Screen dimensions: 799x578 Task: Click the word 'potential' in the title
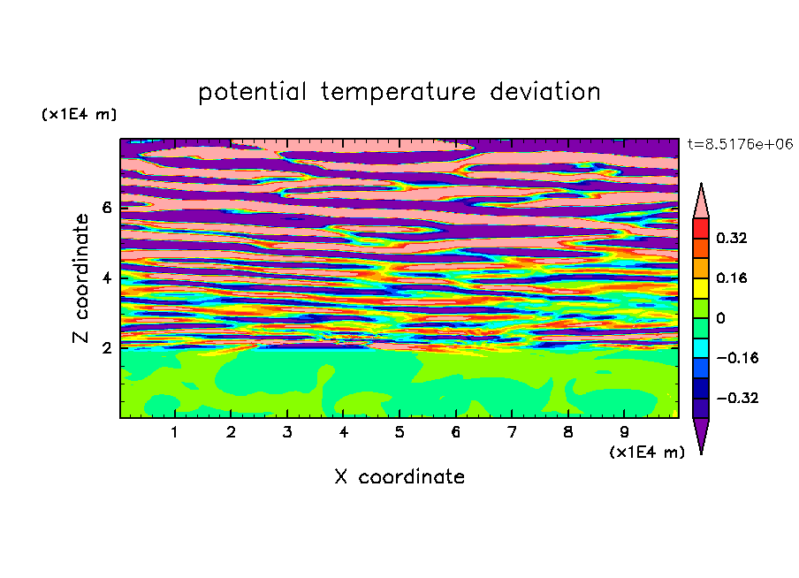[x=252, y=92]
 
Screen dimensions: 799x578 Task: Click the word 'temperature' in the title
[x=398, y=92]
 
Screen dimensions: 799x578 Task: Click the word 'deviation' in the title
[x=545, y=91]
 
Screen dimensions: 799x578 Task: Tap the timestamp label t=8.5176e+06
[x=740, y=144]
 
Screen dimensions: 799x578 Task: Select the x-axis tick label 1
[x=174, y=432]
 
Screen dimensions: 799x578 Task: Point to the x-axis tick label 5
[x=399, y=432]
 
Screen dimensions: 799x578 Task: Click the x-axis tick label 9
[x=624, y=432]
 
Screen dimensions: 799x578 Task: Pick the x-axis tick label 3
[x=287, y=432]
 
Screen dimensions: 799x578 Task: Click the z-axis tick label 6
[x=106, y=208]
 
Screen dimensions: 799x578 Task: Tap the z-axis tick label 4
[x=106, y=278]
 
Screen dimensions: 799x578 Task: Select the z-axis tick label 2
[x=106, y=347]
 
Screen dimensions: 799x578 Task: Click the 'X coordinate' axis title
[x=399, y=476]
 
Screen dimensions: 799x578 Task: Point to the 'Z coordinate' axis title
[x=80, y=278]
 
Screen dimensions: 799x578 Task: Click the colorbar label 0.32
[x=731, y=238]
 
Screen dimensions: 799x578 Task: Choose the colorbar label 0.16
[x=731, y=278]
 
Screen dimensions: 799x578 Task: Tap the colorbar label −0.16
[x=737, y=358]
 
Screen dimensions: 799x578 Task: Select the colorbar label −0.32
[x=737, y=398]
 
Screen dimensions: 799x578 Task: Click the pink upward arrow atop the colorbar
[x=701, y=203]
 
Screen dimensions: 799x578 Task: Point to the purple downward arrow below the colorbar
[x=701, y=434]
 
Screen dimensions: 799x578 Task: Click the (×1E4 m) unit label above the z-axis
[x=79, y=114]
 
